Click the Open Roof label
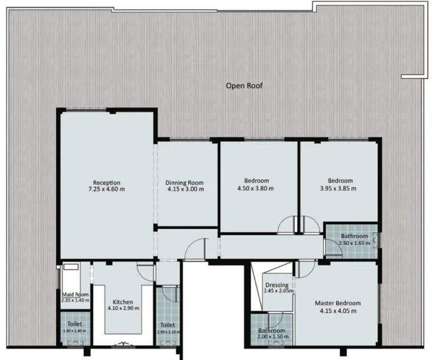[244, 86]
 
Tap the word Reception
[107, 182]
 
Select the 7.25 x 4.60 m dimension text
[107, 189]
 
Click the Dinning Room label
[185, 182]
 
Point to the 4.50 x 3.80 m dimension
[255, 188]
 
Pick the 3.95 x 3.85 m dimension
[338, 188]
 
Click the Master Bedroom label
[338, 303]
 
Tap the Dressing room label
[277, 285]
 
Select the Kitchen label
[123, 302]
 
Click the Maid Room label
[76, 295]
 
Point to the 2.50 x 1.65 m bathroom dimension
[354, 243]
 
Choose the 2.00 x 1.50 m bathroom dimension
[273, 337]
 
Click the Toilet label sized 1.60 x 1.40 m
[74, 324]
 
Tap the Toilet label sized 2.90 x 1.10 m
[167, 325]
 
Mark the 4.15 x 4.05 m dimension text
[338, 311]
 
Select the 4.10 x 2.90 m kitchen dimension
[124, 308]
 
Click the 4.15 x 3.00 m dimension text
[185, 189]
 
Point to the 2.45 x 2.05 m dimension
[279, 290]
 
